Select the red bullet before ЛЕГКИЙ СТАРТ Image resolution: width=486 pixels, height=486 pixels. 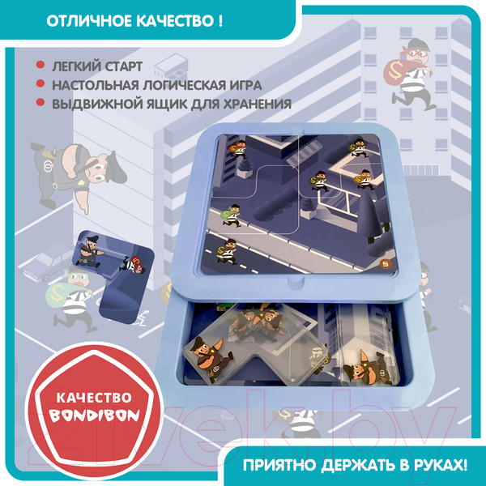(40, 66)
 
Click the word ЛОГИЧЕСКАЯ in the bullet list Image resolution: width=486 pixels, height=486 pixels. (181, 84)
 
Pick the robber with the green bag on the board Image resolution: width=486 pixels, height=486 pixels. (230, 211)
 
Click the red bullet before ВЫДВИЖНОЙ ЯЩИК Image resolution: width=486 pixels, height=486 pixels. (40, 103)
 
